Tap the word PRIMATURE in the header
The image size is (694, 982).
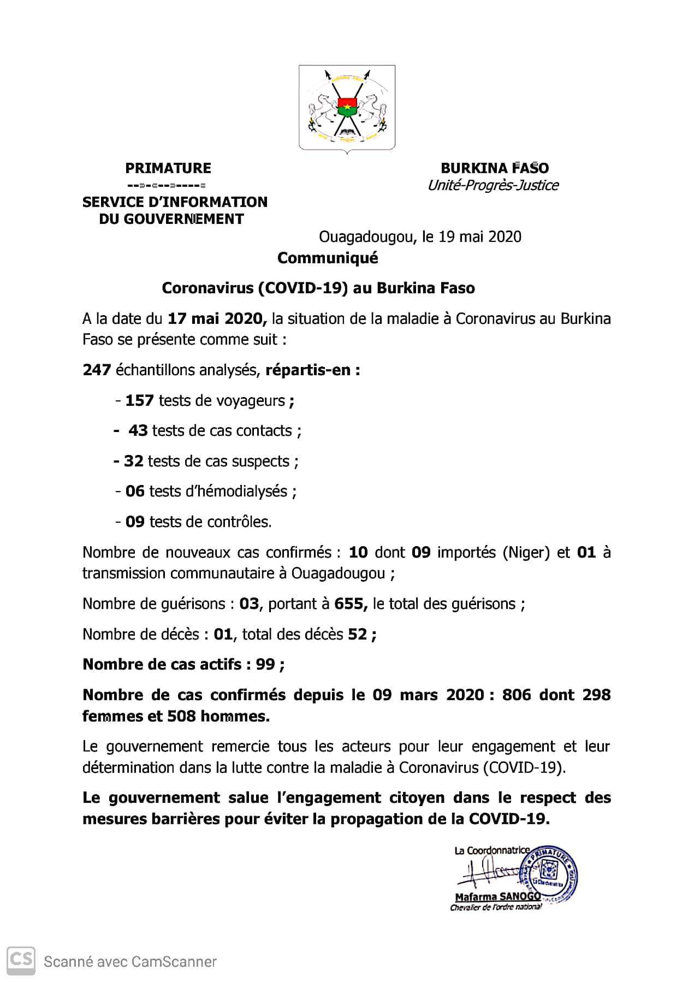pos(168,168)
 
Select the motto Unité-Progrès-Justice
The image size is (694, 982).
pos(493,186)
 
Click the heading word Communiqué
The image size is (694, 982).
pos(327,258)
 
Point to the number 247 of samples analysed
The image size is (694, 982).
pos(97,370)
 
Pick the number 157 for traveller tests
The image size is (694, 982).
pos(139,401)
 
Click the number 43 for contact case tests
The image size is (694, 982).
pos(138,431)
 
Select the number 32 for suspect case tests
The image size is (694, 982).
pos(134,462)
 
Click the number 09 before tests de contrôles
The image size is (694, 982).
pos(135,522)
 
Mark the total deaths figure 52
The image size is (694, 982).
pos(358,635)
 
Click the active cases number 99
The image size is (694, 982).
pos(265,665)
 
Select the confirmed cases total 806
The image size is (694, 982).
pos(515,695)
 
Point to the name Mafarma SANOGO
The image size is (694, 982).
pos(497,897)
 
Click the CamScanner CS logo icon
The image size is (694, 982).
pos(21,961)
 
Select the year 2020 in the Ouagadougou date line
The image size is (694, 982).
pos(505,237)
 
